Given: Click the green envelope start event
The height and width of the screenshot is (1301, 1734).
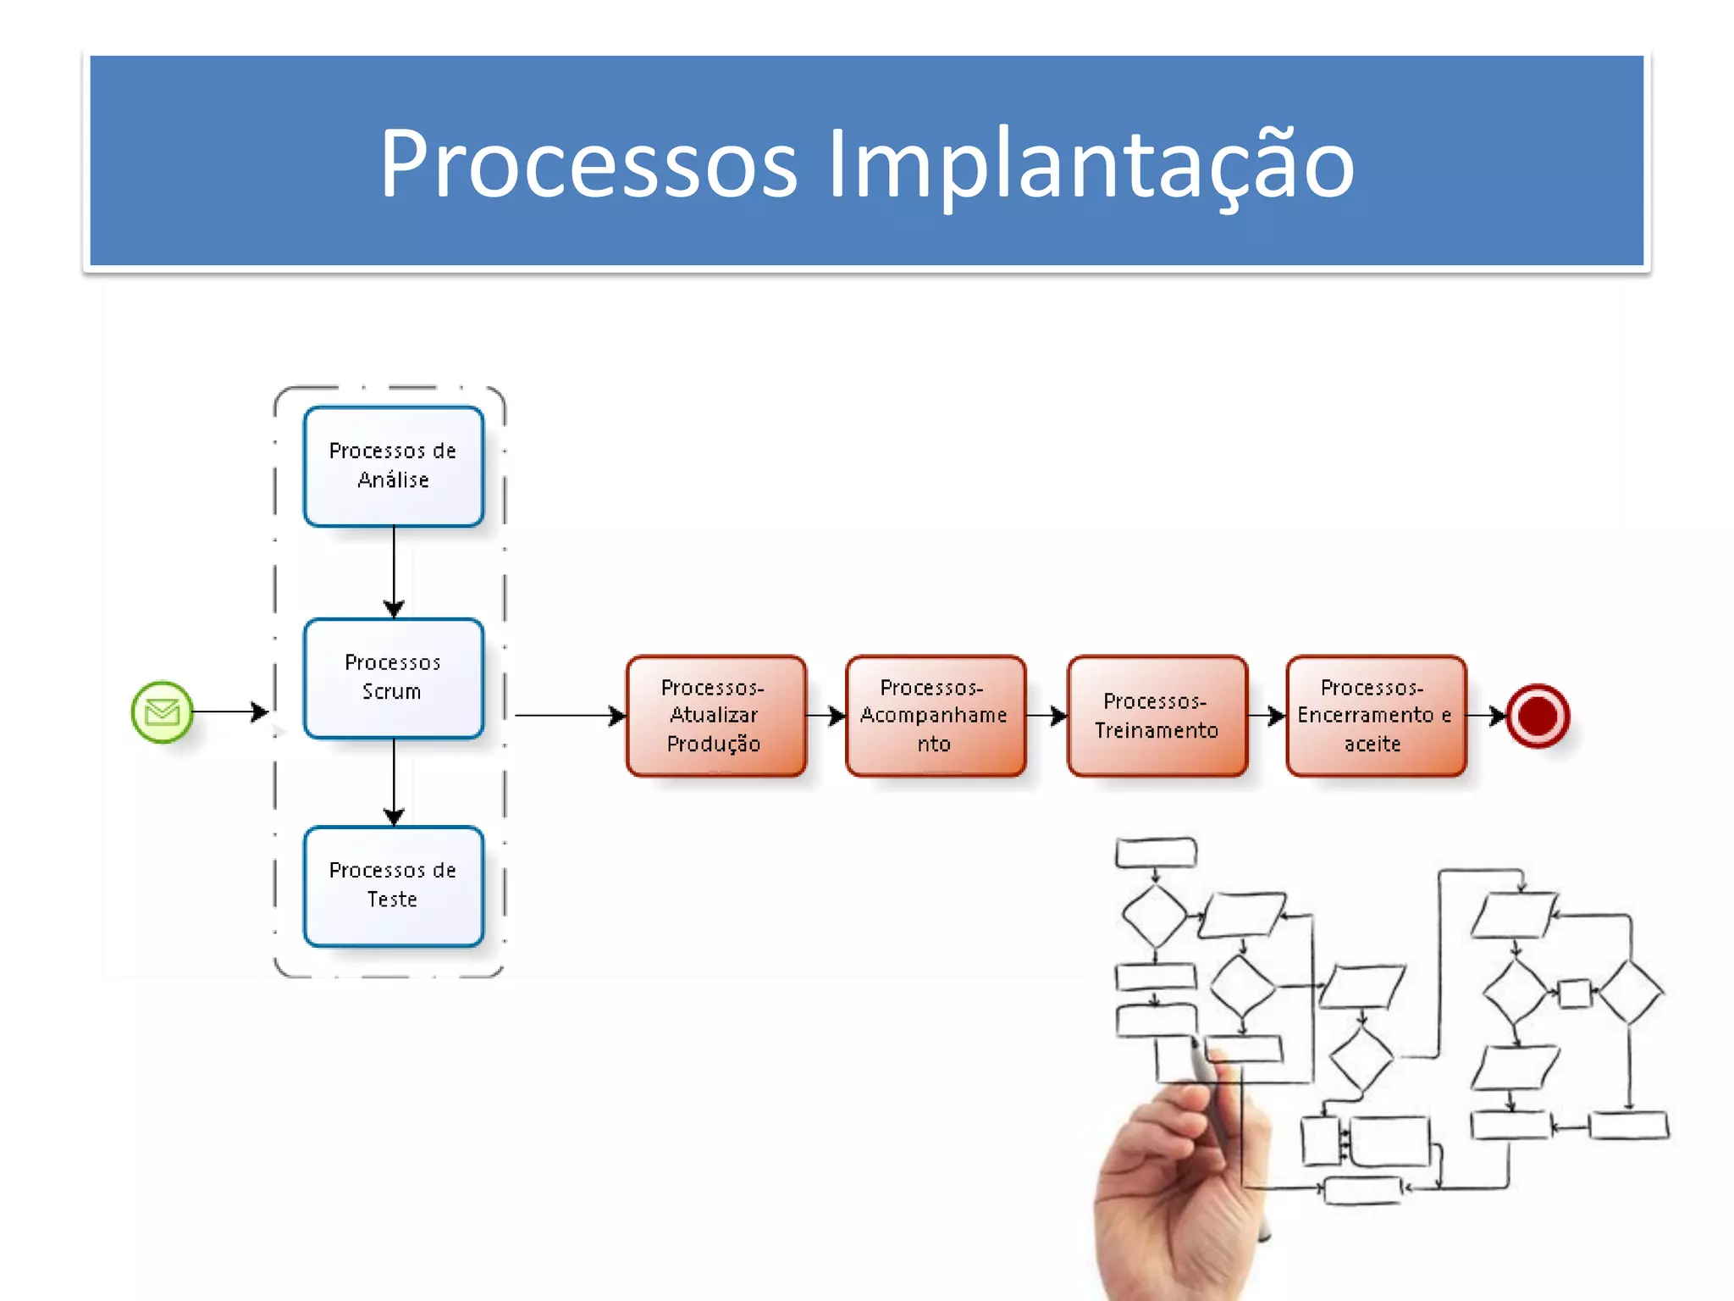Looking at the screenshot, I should (x=162, y=712).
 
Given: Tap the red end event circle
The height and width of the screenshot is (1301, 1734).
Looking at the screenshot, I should (x=1538, y=716).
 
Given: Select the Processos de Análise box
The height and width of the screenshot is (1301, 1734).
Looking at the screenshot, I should (x=394, y=466).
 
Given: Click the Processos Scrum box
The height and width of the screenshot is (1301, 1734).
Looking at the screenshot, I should (x=394, y=678).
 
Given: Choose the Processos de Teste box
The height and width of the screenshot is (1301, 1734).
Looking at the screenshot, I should (x=394, y=886).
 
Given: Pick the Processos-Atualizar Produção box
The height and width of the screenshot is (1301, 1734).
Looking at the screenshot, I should (x=715, y=716).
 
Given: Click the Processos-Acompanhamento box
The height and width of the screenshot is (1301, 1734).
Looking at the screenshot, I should (x=935, y=716).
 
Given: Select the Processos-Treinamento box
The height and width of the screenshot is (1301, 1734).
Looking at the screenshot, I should (x=1157, y=716).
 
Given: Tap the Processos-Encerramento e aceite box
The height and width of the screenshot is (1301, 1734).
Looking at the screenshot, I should (x=1375, y=716).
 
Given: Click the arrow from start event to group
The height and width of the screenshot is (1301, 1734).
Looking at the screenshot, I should (x=229, y=711).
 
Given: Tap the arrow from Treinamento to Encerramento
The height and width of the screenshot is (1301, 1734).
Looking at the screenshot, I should (x=1266, y=716).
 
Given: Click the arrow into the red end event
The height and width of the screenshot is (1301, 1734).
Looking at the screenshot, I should (x=1486, y=716).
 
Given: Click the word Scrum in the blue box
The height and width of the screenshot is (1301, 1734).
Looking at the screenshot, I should (x=391, y=692).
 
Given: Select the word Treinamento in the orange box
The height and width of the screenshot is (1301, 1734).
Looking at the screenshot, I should (x=1157, y=730).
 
